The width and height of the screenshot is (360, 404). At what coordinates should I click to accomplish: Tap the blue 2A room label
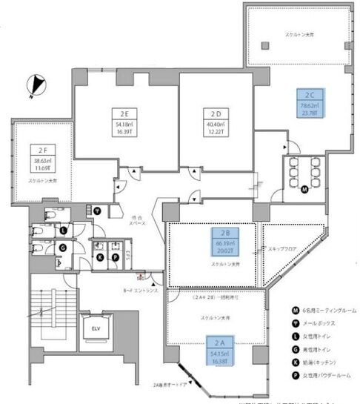tap(219, 342)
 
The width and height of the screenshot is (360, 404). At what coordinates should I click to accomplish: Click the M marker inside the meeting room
tap(304, 189)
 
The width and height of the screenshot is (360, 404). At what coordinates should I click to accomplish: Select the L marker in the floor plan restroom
tap(64, 229)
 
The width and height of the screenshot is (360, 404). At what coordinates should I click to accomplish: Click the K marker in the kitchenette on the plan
tap(100, 257)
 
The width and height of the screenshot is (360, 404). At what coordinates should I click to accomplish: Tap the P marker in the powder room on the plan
tap(116, 257)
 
